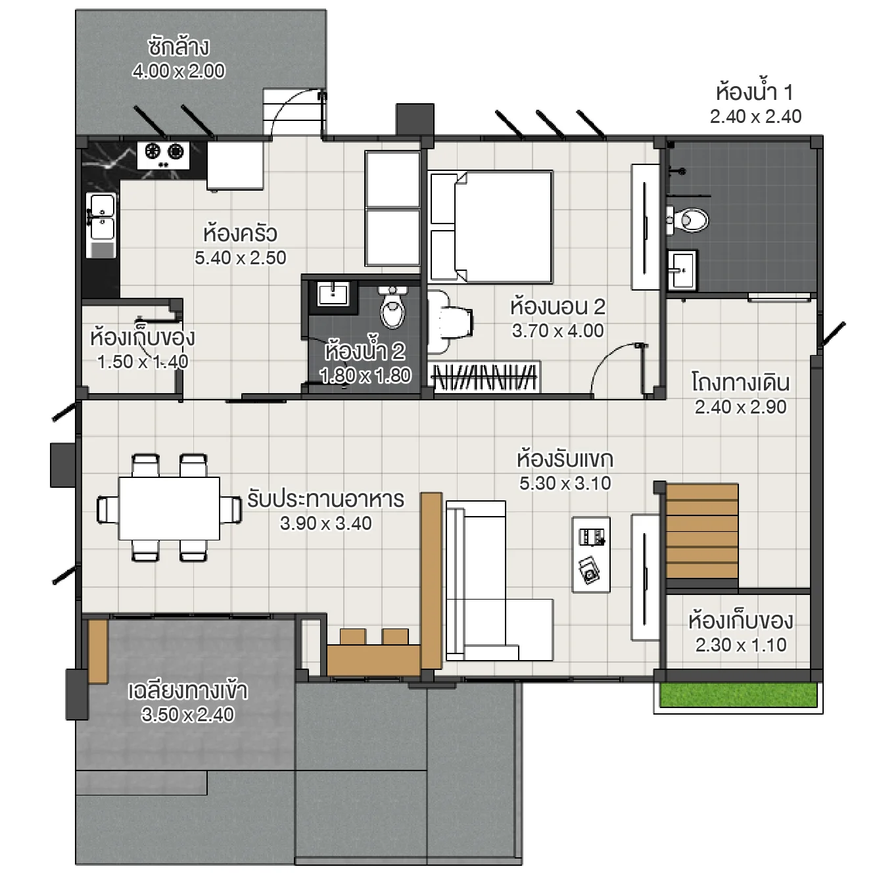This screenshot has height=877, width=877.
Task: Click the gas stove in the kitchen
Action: pos(164,153)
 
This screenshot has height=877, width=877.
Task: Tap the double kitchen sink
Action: pos(101,218)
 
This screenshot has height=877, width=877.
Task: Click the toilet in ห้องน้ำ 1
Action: pos(689,220)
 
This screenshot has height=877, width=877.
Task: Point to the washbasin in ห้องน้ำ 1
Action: pos(682,270)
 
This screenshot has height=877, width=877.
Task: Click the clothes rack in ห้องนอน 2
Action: pos(484,377)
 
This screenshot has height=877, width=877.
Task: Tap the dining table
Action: pos(169,508)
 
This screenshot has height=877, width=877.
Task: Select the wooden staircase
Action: pos(701,532)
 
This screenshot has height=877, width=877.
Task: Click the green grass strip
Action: pos(738,695)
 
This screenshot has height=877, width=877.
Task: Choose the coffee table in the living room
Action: pos(591,554)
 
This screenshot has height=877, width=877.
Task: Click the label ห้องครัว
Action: pos(240,233)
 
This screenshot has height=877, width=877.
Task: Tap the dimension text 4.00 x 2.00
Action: pos(178,71)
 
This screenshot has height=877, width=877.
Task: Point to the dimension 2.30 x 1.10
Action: pos(741,645)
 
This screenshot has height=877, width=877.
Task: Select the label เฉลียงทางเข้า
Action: pos(187,691)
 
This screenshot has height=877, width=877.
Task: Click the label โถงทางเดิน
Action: pos(740,383)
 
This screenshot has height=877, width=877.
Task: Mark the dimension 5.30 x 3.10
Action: pos(565,483)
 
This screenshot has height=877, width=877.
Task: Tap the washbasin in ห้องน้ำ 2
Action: pos(333,294)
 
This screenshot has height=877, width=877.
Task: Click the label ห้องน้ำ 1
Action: pos(755,92)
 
